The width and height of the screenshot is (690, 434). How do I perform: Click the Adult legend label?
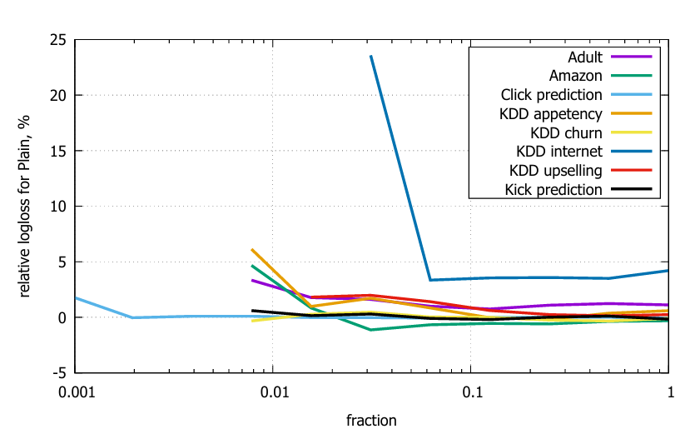585,57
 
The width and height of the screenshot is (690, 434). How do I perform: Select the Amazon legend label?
576,76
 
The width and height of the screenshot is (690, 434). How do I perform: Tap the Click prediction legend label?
552,95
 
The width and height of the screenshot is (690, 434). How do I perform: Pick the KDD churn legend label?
566,132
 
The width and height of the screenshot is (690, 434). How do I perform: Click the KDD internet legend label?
558,152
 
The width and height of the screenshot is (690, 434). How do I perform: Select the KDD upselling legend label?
555,171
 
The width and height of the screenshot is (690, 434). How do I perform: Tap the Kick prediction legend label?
553,189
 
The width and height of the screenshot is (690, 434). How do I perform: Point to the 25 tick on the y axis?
59,39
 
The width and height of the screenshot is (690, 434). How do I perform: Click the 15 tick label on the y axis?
59,151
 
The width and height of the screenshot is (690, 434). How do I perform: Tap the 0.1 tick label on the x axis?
471,392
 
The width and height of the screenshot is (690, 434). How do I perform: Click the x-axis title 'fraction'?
371,420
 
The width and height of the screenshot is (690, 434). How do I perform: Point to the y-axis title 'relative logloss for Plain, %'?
26,207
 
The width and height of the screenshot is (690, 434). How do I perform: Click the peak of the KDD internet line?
370,56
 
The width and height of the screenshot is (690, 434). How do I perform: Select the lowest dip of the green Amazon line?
370,330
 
